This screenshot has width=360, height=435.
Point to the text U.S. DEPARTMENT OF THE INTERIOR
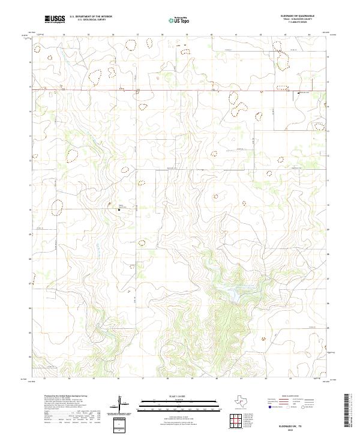point(91,17)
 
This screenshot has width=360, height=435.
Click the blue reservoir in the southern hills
point(229,292)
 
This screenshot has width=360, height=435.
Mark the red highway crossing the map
point(180,91)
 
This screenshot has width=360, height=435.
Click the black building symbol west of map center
point(119,209)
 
